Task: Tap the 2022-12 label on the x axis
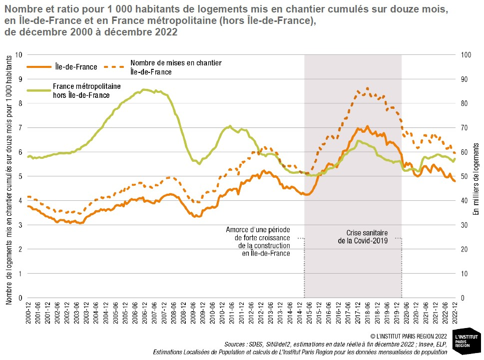pyautogui.click(x=455, y=314)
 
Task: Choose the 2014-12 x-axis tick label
pyautogui.click(x=300, y=314)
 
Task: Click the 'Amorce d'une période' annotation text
pyautogui.click(x=258, y=229)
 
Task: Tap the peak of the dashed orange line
pyautogui.click(x=368, y=88)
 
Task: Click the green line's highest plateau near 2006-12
pyautogui.click(x=144, y=90)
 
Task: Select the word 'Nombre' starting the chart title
pyautogui.click(x=22, y=10)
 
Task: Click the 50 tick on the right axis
pyautogui.click(x=463, y=176)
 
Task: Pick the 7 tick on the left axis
pyautogui.click(x=21, y=127)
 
